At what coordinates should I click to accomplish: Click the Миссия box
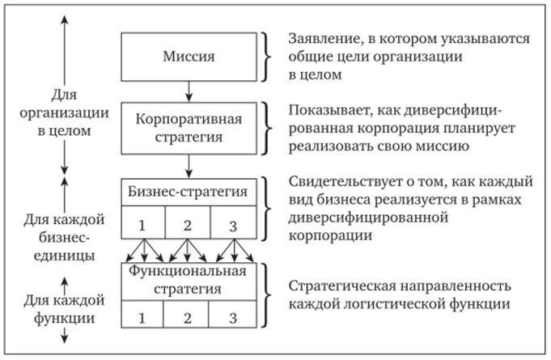point(188,57)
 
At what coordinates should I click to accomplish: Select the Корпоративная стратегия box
point(188,128)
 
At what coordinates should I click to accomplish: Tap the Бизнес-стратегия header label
point(188,193)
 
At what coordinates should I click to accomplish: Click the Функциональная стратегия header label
point(188,279)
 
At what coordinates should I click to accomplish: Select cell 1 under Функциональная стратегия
point(142,317)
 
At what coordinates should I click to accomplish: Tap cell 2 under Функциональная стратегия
point(188,317)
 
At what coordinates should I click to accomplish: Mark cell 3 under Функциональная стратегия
point(233,317)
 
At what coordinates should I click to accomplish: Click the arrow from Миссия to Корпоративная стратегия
point(188,90)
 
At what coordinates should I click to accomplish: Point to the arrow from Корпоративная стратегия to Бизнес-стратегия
point(188,167)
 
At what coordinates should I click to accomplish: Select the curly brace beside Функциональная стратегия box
point(268,295)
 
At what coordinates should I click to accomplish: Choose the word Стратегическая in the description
point(338,286)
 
